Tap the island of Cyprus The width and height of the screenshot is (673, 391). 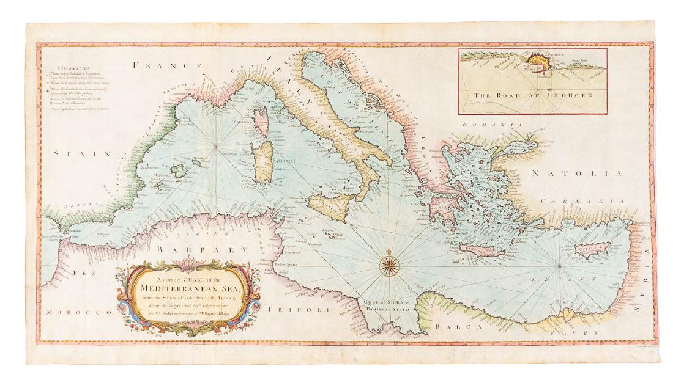click(586, 250)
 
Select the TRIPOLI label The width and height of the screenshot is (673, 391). click(305, 310)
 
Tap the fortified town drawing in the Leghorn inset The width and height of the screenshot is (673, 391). click(538, 60)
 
